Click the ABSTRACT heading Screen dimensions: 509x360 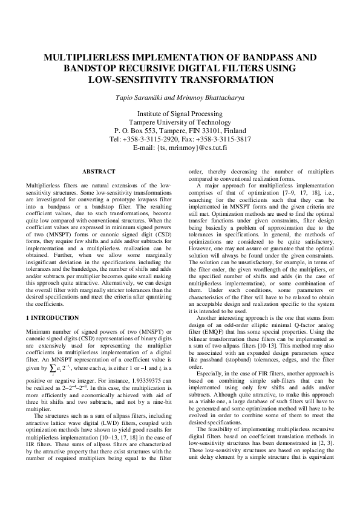tap(99, 172)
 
